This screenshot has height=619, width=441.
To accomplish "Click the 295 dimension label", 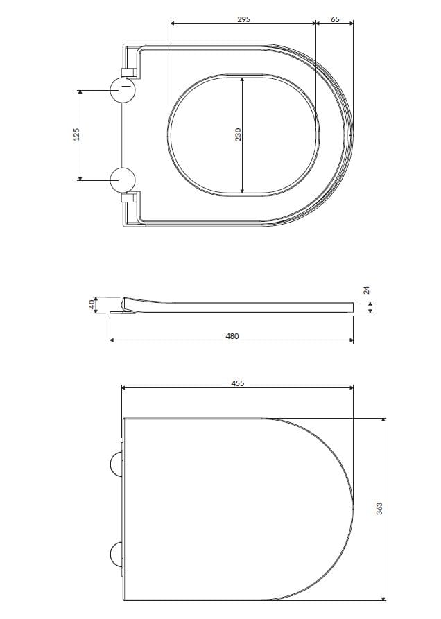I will tap(243, 19).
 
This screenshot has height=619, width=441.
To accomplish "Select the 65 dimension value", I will tap(335, 19).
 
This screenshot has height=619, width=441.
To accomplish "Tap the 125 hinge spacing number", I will tap(77, 134).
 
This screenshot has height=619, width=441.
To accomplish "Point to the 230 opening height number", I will tap(237, 134).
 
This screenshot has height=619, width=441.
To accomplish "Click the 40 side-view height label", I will tap(91, 305).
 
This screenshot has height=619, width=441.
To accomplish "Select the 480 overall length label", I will tap(232, 335).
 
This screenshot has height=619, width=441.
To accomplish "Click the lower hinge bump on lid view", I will tap(116, 554).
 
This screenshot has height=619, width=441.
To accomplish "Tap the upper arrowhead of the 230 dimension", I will tap(242, 80).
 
